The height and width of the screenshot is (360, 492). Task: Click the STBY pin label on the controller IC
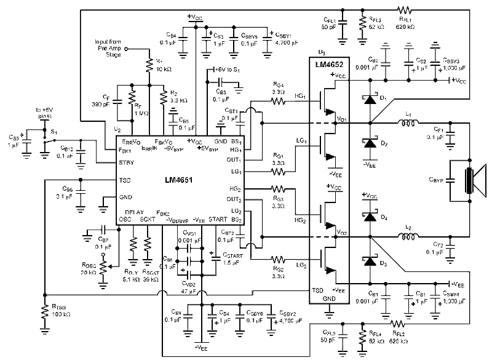pos(125,164)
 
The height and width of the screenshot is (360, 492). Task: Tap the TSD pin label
pos(125,180)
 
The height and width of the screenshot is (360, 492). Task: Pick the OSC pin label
pos(125,219)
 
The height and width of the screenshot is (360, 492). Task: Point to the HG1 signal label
pos(301,97)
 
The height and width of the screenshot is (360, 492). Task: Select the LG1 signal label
pos(301,141)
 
